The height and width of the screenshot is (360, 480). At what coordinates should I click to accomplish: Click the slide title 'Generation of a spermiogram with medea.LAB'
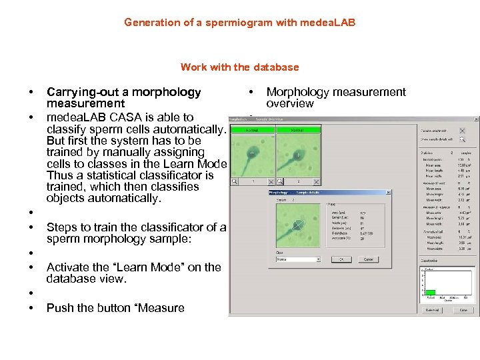[239, 23]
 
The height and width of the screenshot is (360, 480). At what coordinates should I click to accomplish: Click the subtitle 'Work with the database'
[239, 67]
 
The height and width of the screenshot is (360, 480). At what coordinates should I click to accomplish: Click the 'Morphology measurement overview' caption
[335, 97]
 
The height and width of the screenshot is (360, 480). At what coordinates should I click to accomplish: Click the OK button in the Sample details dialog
[341, 259]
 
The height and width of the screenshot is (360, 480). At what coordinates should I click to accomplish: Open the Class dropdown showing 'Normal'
[298, 259]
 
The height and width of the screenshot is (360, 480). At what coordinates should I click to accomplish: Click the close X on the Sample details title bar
[388, 192]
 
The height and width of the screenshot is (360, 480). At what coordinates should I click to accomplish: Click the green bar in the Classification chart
[431, 292]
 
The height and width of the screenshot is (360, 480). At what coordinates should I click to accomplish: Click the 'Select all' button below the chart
[433, 310]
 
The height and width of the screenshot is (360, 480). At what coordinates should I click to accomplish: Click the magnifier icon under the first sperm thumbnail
[235, 181]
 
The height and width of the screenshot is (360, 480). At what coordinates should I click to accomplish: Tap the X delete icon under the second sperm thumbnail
[315, 181]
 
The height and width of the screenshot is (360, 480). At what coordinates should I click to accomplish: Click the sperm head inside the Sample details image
[299, 225]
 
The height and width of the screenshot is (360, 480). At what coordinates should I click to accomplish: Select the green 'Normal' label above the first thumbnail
[252, 131]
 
